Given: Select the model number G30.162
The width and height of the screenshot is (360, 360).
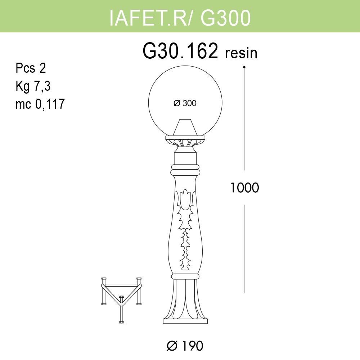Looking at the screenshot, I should click(x=181, y=51).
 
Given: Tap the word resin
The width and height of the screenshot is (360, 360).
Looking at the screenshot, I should click(x=241, y=53).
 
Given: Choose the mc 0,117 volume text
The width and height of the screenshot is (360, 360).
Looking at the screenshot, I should click(x=40, y=104).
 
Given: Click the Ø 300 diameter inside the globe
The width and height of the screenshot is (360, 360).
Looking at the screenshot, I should click(x=185, y=103).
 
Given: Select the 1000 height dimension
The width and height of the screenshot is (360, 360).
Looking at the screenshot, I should click(x=245, y=188).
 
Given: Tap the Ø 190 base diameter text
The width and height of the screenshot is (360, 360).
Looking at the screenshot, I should click(x=185, y=346).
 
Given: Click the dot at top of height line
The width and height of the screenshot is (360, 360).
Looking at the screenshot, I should click(x=244, y=67).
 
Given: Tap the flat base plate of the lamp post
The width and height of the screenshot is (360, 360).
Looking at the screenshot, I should click(x=185, y=320).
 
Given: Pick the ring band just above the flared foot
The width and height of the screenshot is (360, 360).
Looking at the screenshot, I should click(x=185, y=276).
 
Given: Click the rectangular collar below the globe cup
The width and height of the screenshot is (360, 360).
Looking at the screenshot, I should click(x=185, y=158).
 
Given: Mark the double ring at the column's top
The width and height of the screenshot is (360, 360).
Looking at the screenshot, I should click(x=185, y=170).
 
